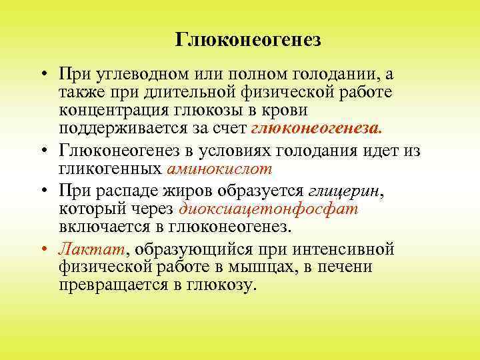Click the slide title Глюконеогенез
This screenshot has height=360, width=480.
tap(248, 41)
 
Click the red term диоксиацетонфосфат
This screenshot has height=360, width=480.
tap(269, 209)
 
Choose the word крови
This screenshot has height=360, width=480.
tap(283, 109)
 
